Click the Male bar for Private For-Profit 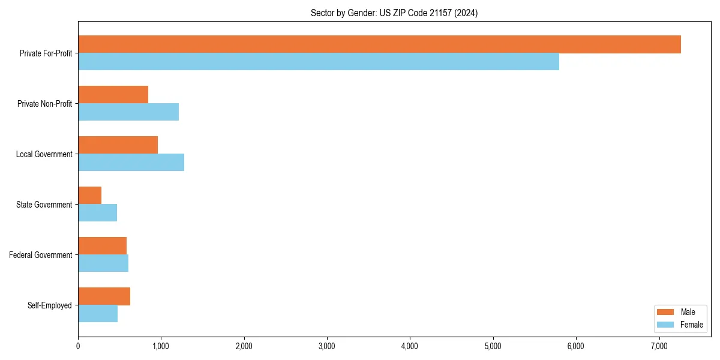coord(379,44)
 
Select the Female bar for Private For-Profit coord(319,62)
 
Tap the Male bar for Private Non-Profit coord(113,95)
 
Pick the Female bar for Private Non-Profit coord(128,112)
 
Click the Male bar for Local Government coord(118,145)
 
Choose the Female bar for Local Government coord(131,163)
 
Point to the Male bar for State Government coord(89,196)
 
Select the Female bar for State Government coord(97,213)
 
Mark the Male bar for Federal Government coord(102,246)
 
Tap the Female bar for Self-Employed coord(98,314)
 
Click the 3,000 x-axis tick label coord(327,346)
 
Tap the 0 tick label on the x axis coord(78,346)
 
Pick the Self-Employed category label coord(50,305)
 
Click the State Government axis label coord(44,205)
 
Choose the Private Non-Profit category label coord(44,104)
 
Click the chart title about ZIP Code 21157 coord(394,13)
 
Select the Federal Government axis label coord(41,255)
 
